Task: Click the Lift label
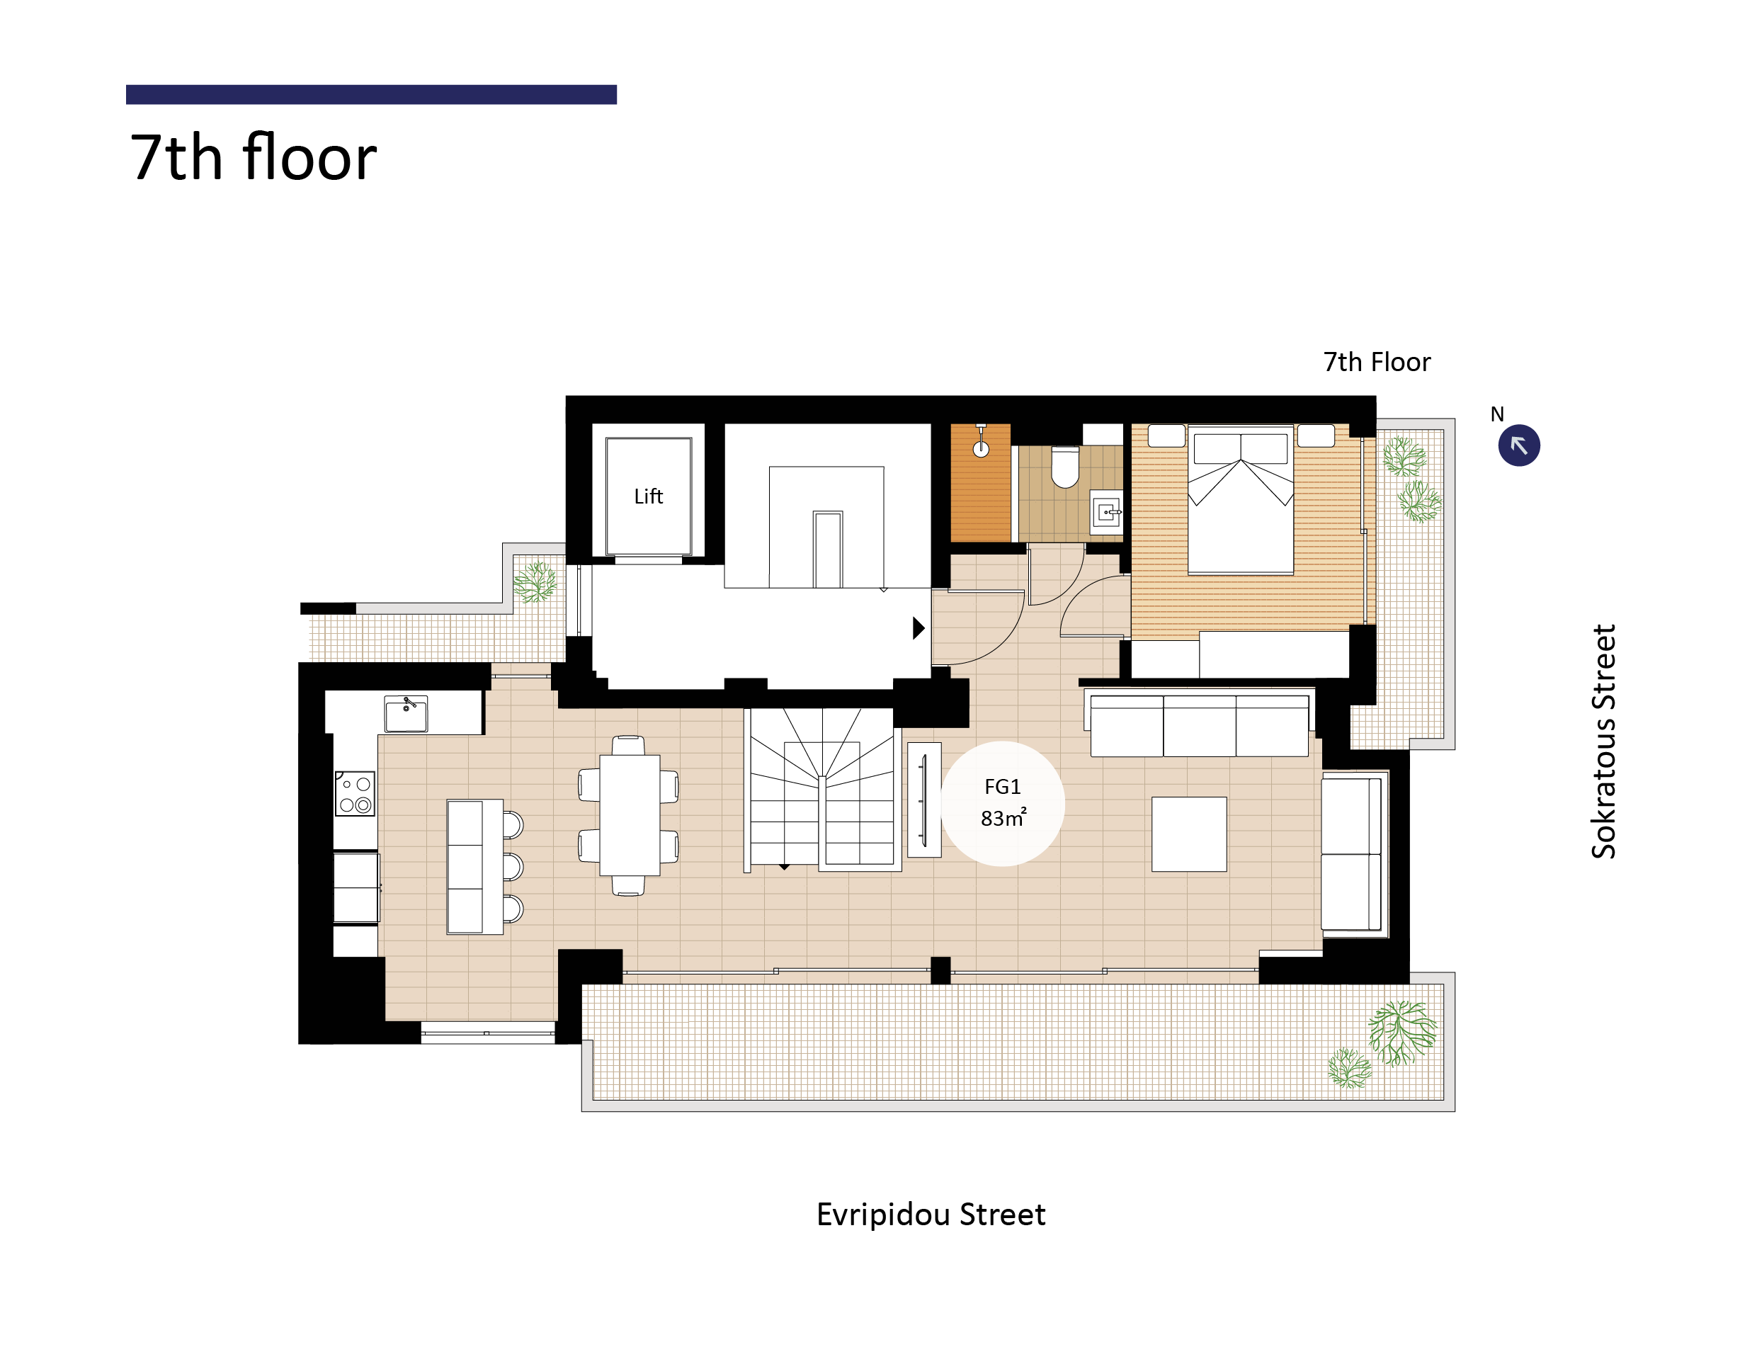pyautogui.click(x=648, y=496)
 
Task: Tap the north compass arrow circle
pyautogui.click(x=1518, y=445)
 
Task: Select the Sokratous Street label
pyautogui.click(x=1603, y=741)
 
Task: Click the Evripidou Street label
pyautogui.click(x=930, y=1215)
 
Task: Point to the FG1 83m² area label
pyautogui.click(x=1002, y=802)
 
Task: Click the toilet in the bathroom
pyautogui.click(x=1064, y=467)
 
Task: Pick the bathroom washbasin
pyautogui.click(x=1106, y=511)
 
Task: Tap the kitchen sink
pyautogui.click(x=406, y=714)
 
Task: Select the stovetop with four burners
pyautogui.click(x=354, y=793)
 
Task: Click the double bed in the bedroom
pyautogui.click(x=1240, y=499)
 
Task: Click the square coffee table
pyautogui.click(x=1189, y=834)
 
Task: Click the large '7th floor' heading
pyautogui.click(x=254, y=157)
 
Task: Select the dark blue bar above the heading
pyautogui.click(x=371, y=95)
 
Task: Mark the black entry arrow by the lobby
pyautogui.click(x=919, y=627)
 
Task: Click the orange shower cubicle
pyautogui.click(x=980, y=483)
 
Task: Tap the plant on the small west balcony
pyautogui.click(x=535, y=581)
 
